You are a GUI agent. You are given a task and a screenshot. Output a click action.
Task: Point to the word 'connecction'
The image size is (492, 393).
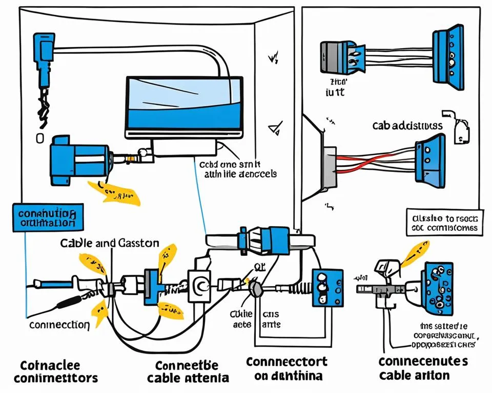(x=59, y=324)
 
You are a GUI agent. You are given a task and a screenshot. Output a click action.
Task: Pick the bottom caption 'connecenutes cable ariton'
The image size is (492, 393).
(x=423, y=368)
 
